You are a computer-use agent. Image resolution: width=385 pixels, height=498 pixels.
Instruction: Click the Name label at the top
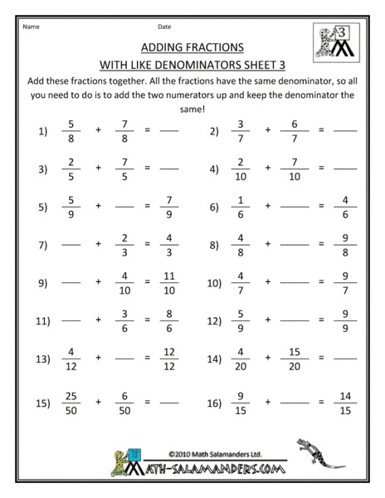tap(30, 27)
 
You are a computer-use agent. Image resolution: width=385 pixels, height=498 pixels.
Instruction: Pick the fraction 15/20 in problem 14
tap(296, 361)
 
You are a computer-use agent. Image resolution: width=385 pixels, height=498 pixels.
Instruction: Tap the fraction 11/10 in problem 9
tap(169, 282)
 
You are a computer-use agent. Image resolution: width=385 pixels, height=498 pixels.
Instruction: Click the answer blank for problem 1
tap(169, 131)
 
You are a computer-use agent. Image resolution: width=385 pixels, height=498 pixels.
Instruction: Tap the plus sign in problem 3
tap(98, 168)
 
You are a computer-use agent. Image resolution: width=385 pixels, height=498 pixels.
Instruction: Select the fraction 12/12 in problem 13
tap(169, 361)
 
